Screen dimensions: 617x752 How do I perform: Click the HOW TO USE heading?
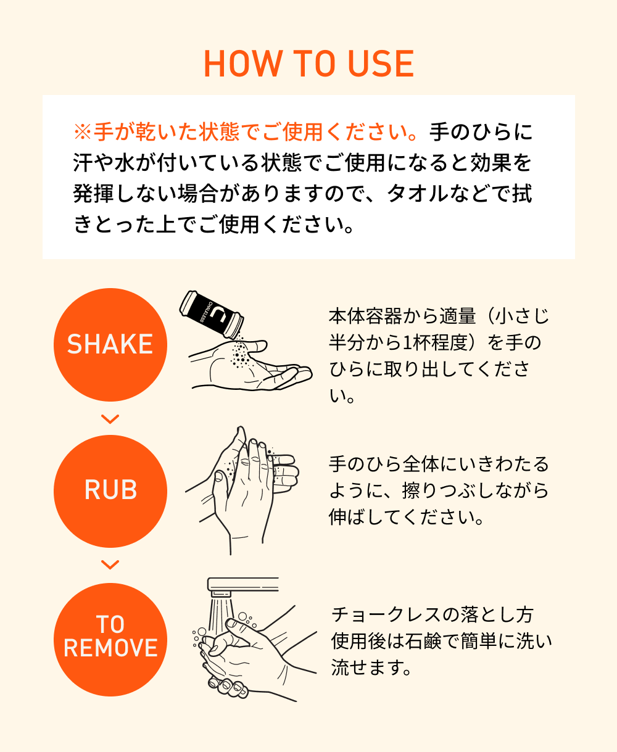pos(308,64)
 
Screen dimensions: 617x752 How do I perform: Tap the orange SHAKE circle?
pos(110,344)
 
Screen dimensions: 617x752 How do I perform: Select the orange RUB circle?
pos(110,491)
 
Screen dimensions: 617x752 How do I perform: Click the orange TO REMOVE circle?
pos(110,639)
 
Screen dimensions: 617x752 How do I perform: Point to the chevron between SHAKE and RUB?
pos(110,419)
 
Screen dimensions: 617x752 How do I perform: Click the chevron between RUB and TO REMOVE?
pos(110,565)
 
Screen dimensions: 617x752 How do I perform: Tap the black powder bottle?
pos(212,314)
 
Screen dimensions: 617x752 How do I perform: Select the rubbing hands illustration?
pos(242,490)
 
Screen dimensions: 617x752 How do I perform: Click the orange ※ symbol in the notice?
pos(83,132)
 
